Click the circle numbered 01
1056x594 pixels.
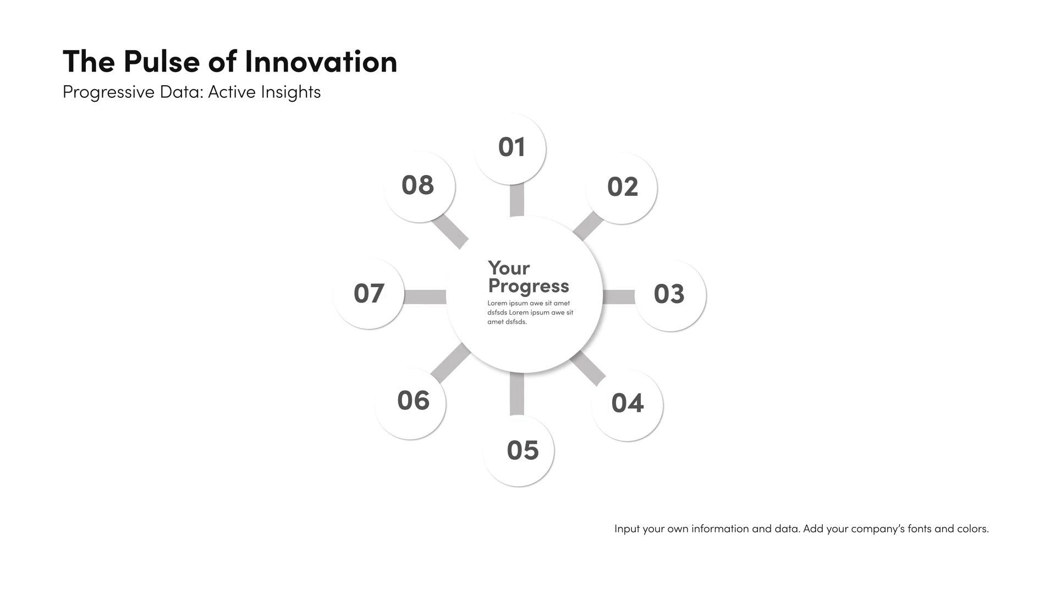[510, 148]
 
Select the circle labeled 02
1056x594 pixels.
[621, 188]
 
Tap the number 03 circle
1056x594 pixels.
[670, 295]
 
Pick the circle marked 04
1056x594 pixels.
[627, 405]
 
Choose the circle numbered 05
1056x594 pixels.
[518, 450]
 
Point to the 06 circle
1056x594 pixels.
[410, 403]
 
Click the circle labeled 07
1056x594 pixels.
[369, 293]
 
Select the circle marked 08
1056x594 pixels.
[420, 186]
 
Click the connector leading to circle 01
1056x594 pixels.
[517, 200]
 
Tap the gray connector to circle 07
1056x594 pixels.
[425, 297]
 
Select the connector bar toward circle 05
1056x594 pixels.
[517, 394]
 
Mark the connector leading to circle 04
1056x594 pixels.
[588, 368]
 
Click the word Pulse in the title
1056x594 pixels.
[162, 61]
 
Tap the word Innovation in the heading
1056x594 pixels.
[321, 61]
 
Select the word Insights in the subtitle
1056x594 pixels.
[291, 92]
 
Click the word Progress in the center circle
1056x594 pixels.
[529, 287]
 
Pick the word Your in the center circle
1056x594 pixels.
[509, 268]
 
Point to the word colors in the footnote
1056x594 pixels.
[973, 529]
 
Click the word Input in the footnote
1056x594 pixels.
[627, 529]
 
